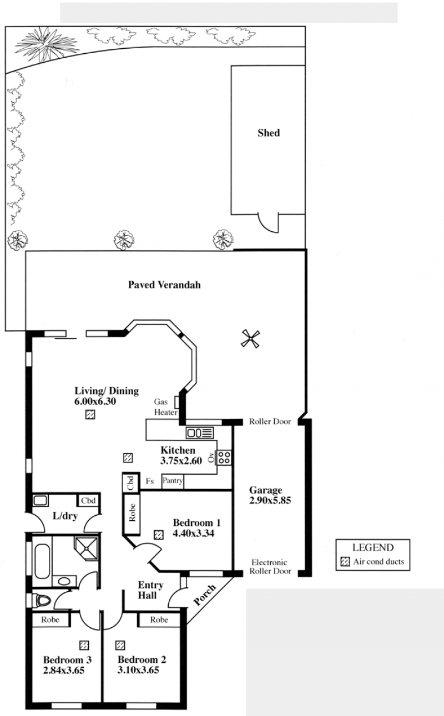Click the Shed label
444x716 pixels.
click(x=269, y=133)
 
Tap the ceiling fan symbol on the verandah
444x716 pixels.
click(x=250, y=339)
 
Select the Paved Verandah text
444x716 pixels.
click(x=164, y=285)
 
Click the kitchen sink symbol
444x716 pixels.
click(x=200, y=433)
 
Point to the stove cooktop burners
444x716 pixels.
click(x=224, y=457)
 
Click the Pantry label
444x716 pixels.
click(x=173, y=480)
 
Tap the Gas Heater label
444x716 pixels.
click(x=166, y=407)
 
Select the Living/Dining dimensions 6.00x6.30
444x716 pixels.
click(x=95, y=402)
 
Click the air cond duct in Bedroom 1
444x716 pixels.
click(x=159, y=535)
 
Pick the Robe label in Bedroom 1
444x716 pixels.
click(x=132, y=512)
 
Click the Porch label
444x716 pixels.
click(x=205, y=595)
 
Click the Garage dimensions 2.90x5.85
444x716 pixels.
click(x=270, y=500)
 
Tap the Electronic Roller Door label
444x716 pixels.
click(x=270, y=566)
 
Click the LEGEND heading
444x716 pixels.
click(x=373, y=547)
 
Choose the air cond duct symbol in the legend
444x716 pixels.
click(x=345, y=562)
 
